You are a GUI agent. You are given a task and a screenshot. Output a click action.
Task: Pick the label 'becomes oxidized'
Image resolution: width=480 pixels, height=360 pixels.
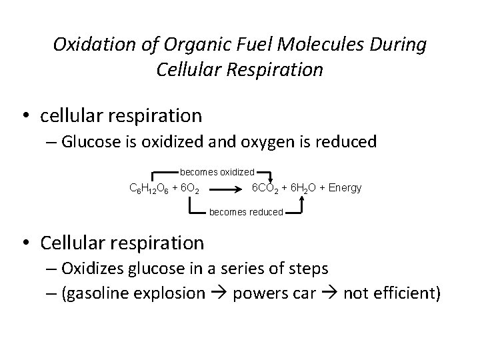coord(217,172)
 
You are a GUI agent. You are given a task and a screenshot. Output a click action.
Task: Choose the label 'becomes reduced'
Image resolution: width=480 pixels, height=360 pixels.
coord(246,213)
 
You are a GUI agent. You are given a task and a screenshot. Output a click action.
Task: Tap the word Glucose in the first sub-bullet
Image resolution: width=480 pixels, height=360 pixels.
coord(87,142)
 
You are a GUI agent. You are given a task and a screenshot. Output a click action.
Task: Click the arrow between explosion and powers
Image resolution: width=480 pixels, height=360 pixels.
coord(219,294)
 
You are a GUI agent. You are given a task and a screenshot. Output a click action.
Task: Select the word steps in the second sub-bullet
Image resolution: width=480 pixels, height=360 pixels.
coord(307,269)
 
